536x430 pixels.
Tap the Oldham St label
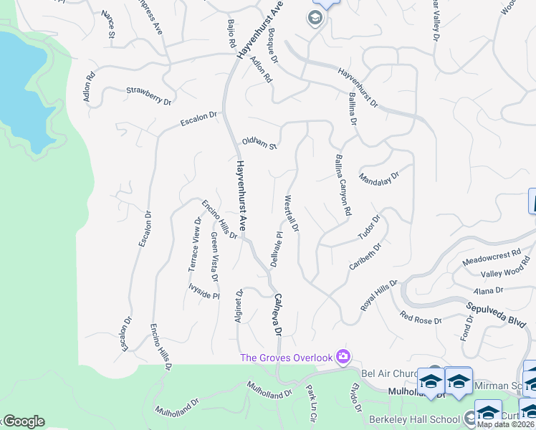[259, 143]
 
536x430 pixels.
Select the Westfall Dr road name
[292, 214]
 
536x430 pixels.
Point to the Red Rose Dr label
[421, 319]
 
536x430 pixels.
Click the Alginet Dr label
[239, 307]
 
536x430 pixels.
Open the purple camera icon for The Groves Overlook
[343, 356]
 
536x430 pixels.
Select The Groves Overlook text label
[287, 358]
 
